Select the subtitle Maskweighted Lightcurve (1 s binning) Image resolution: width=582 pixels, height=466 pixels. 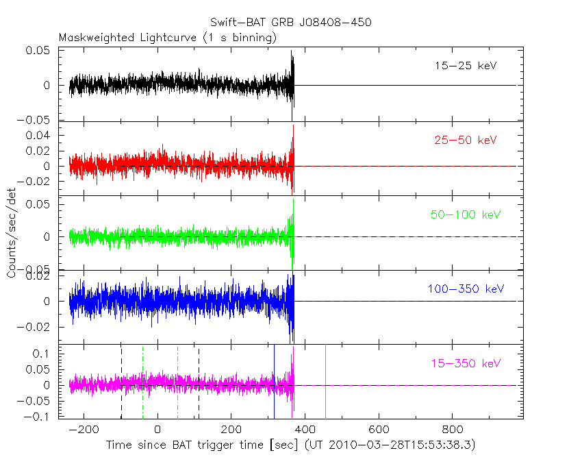tap(168, 38)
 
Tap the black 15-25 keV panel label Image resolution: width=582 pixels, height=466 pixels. tap(466, 66)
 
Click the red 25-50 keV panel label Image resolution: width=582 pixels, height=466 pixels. tap(466, 140)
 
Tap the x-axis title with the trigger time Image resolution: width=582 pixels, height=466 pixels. tap(290, 445)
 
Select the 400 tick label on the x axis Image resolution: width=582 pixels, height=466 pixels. tap(305, 430)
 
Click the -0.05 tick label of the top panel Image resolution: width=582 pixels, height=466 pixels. tap(37, 119)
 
